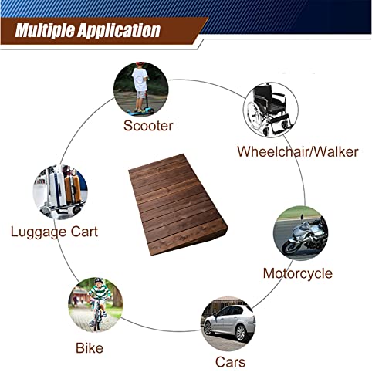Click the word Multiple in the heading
pyautogui.click(x=45, y=31)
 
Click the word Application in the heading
pyautogui.click(x=119, y=31)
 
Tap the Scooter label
pyautogui.click(x=148, y=126)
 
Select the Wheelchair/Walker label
pyautogui.click(x=298, y=151)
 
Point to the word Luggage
pyautogui.click(x=39, y=232)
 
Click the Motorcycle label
pyautogui.click(x=298, y=273)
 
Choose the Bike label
pyautogui.click(x=90, y=348)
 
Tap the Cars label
pyautogui.click(x=230, y=362)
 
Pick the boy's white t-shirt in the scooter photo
pyautogui.click(x=140, y=80)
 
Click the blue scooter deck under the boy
pyautogui.click(x=139, y=112)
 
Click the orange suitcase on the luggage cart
pyautogui.click(x=73, y=189)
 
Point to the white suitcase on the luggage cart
pyautogui.click(x=57, y=188)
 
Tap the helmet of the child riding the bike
pyautogui.click(x=99, y=281)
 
